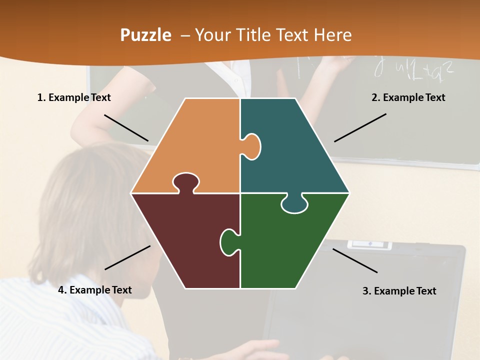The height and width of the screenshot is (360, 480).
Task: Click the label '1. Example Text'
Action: [x=74, y=97]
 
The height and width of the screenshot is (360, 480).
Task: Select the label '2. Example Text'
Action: [x=408, y=97]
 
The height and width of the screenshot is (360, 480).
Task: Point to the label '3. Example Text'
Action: [x=399, y=291]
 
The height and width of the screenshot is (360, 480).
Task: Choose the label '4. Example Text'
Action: [x=95, y=290]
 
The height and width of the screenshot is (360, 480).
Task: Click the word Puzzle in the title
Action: [x=145, y=35]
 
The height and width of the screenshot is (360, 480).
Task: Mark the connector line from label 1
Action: [x=126, y=128]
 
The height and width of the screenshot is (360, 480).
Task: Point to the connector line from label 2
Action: [x=360, y=127]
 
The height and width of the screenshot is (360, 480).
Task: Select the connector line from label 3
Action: [x=355, y=260]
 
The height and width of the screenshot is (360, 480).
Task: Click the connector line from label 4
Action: [x=127, y=257]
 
